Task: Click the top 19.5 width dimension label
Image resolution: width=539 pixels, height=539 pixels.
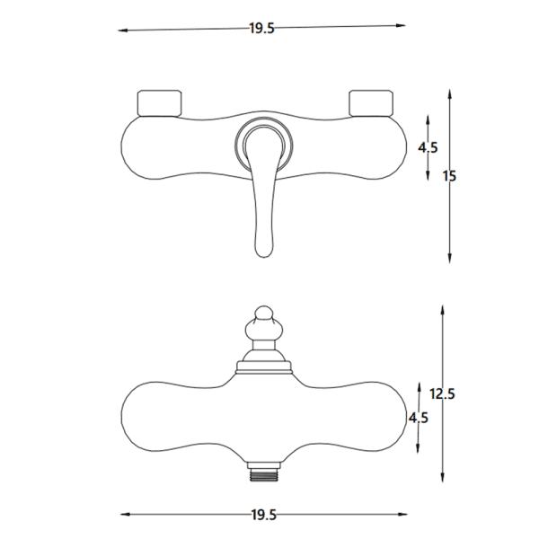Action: click(262, 28)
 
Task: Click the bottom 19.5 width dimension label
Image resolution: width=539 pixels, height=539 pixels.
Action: click(263, 515)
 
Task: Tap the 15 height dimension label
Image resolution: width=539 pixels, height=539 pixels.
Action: click(449, 176)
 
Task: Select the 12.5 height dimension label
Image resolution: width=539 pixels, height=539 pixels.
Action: click(442, 394)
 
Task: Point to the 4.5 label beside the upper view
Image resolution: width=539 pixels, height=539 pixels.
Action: click(428, 147)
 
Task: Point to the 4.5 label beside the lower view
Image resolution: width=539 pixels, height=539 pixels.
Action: click(419, 418)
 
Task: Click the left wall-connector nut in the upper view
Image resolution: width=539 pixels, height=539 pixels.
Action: click(159, 103)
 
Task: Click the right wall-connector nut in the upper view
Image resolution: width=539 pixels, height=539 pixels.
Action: click(370, 103)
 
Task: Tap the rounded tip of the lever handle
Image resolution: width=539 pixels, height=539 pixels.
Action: click(263, 253)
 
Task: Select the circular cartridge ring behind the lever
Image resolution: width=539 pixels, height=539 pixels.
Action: click(264, 121)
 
